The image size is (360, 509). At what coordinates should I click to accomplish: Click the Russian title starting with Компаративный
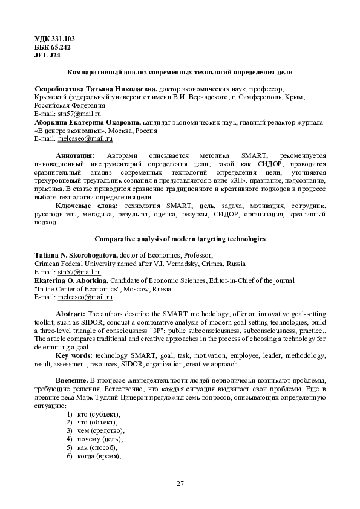[180, 72]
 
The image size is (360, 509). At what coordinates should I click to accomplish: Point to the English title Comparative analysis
[180, 239]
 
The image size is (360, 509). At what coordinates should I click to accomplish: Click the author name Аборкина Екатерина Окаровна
[87, 122]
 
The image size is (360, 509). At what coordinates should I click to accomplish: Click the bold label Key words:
[74, 355]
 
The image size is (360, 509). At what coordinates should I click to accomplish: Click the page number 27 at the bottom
[180, 482]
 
